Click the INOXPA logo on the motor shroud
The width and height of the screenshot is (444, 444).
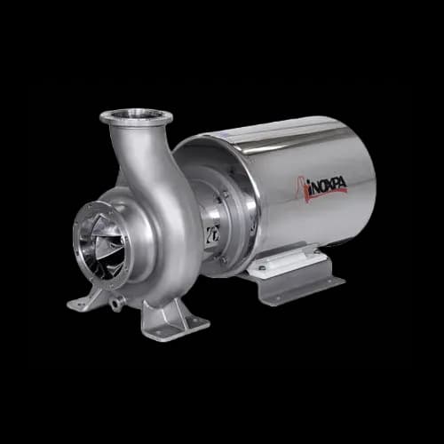coord(321,188)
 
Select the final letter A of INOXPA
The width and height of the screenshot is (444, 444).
coord(342,182)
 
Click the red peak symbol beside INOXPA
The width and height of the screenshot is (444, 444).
coord(301,190)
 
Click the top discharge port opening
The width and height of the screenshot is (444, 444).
coord(136,114)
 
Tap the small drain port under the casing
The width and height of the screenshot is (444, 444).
coord(115,304)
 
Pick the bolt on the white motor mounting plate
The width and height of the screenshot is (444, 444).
coord(261,268)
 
